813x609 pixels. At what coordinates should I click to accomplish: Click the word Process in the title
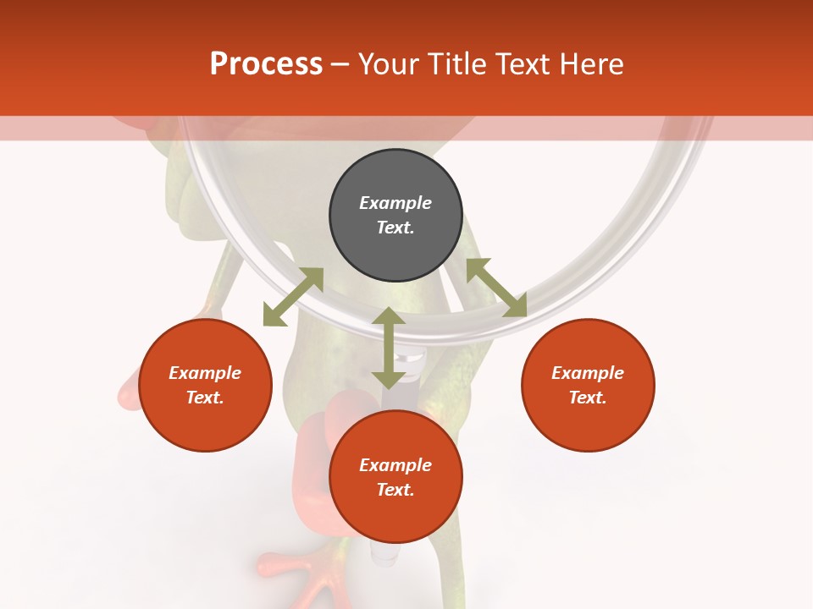[x=266, y=64]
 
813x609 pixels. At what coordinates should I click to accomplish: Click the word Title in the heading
[x=456, y=64]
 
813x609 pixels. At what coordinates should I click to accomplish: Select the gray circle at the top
[x=395, y=215]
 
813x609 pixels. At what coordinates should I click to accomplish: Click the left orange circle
[x=205, y=385]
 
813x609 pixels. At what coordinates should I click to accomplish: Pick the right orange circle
[x=588, y=385]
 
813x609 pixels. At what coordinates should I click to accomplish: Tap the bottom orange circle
[x=395, y=477]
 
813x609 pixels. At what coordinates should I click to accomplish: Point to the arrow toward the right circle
[x=496, y=288]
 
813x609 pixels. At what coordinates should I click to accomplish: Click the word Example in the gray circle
[x=395, y=203]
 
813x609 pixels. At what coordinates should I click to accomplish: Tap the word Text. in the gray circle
[x=395, y=228]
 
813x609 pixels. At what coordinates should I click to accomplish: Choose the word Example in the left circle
[x=205, y=373]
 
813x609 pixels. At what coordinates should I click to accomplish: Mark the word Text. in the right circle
[x=588, y=398]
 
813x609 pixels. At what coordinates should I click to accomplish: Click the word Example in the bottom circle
[x=395, y=465]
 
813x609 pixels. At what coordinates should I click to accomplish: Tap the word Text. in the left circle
[x=205, y=398]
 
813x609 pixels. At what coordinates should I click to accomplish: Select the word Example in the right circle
[x=588, y=373]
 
